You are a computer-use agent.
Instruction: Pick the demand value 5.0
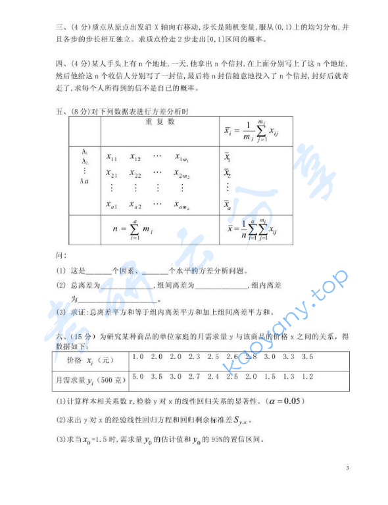coord(138,377)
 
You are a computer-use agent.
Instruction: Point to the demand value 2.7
coord(194,377)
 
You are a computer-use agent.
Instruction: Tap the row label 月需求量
coord(70,380)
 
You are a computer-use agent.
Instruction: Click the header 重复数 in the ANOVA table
coord(161,121)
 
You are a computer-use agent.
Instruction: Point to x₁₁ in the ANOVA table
coord(112,158)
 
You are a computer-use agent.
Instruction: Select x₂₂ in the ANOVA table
coord(135,174)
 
